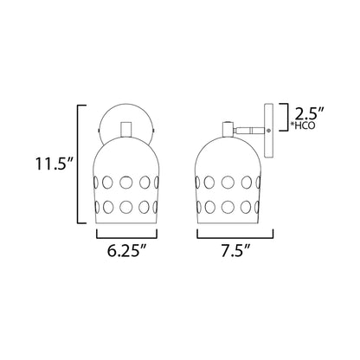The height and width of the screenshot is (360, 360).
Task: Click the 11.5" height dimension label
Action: (55, 164)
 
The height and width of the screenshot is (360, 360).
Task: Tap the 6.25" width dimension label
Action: (126, 251)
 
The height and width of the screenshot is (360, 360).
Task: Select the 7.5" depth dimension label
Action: (235, 251)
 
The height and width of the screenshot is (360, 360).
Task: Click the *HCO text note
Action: (303, 125)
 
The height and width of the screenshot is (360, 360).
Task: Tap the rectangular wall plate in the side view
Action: (268, 131)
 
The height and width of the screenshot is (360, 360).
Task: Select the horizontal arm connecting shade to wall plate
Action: (249, 131)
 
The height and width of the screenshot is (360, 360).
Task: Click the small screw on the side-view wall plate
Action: (269, 131)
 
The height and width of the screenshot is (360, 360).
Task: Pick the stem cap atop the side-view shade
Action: (228, 129)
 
